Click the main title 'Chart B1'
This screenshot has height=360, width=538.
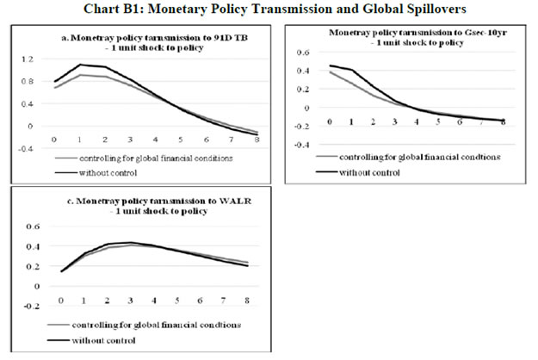[x=269, y=9]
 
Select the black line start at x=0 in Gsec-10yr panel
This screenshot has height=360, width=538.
[x=330, y=65]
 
